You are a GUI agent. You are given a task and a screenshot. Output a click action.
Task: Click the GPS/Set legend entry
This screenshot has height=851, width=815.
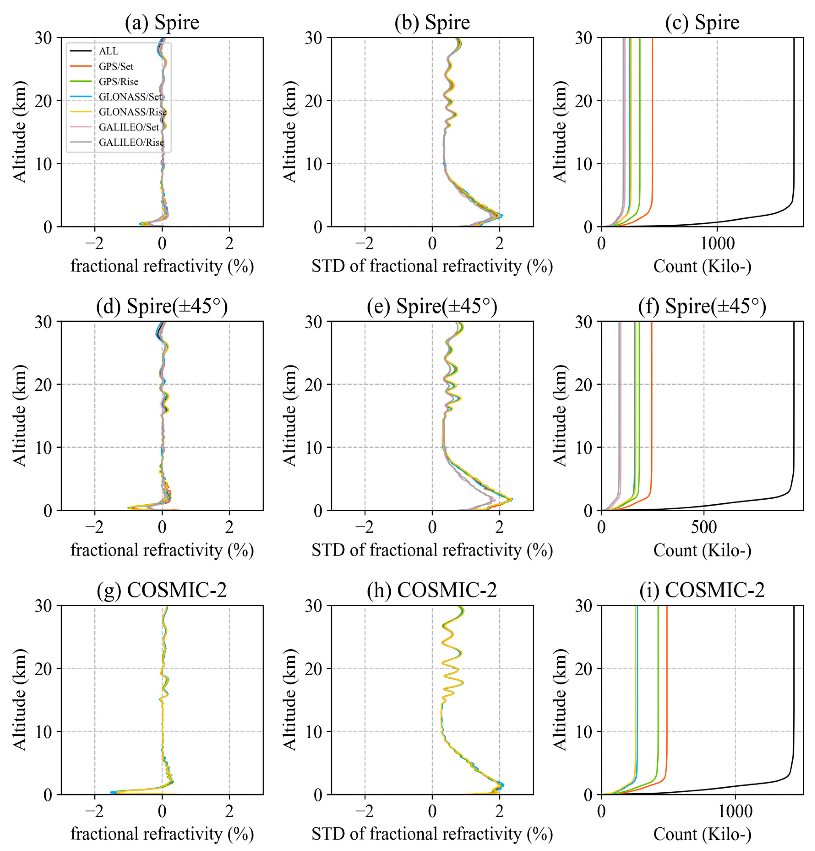[116, 66]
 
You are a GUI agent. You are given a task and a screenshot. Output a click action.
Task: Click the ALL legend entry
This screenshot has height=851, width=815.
[109, 51]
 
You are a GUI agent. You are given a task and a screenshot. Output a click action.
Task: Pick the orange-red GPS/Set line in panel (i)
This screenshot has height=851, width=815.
[667, 695]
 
